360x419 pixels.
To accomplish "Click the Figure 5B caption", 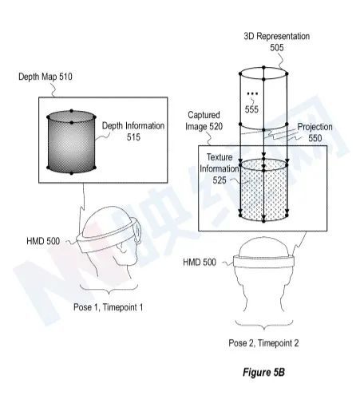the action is click(x=263, y=372).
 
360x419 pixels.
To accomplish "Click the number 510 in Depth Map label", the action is click(x=65, y=77).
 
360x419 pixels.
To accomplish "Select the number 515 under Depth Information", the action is click(x=133, y=137).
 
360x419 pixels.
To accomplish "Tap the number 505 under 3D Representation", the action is click(x=277, y=48).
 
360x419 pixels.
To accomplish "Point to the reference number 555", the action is click(x=251, y=109).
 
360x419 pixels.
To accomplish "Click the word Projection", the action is click(x=315, y=127).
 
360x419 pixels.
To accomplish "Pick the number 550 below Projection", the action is click(x=315, y=138).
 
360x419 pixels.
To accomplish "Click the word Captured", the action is click(x=204, y=115).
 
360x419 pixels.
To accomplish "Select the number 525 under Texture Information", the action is click(x=220, y=180).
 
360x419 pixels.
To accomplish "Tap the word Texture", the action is click(x=220, y=157).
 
